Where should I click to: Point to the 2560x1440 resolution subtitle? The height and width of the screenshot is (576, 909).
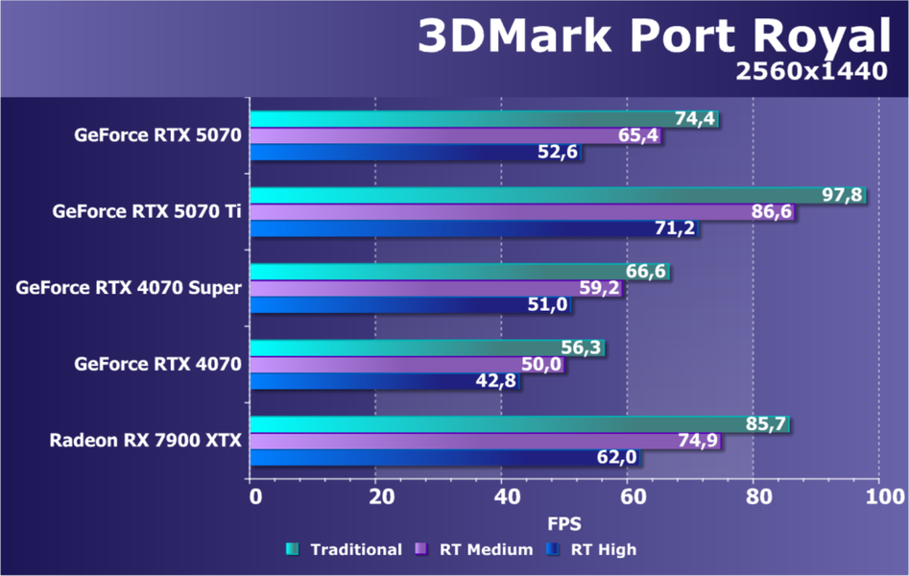coord(812,73)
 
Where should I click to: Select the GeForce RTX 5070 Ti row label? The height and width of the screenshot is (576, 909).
coord(147,211)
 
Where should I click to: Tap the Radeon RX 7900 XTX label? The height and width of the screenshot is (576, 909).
coord(146,441)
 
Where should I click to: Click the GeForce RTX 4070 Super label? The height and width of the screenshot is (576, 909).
coord(129,287)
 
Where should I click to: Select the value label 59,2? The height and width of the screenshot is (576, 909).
coord(601,287)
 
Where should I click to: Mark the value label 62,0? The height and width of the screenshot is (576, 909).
coord(616,457)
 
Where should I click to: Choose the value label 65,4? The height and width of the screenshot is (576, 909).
coord(638,135)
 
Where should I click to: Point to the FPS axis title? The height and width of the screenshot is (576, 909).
coord(564,524)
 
